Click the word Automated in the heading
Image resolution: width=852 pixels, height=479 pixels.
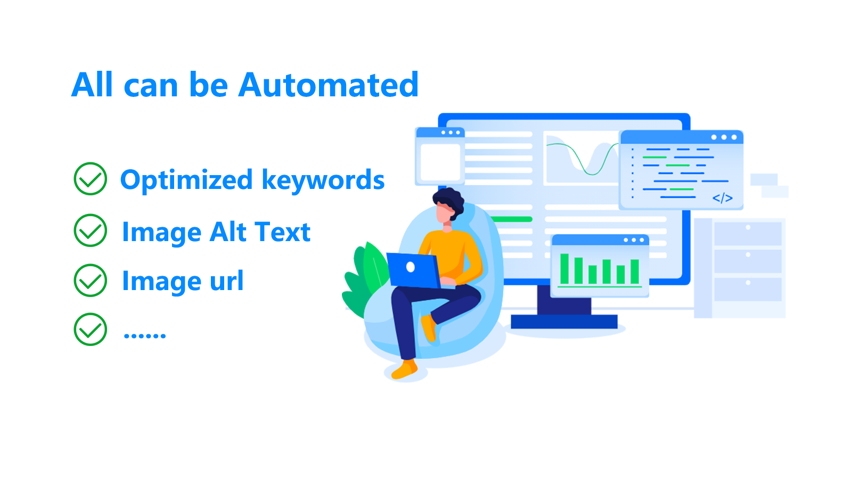(328, 85)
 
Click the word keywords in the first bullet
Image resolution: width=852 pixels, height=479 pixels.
(323, 179)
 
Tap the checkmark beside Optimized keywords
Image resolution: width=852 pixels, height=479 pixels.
(90, 179)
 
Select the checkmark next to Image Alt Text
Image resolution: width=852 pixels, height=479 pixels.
(90, 230)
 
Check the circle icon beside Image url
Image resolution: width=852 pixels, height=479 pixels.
(90, 280)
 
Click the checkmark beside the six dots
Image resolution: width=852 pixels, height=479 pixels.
(90, 329)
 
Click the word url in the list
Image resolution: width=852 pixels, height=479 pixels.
(227, 280)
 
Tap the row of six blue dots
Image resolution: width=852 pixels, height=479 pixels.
(145, 336)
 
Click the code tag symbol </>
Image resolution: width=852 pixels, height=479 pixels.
(722, 198)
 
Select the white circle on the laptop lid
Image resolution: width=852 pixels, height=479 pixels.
(411, 267)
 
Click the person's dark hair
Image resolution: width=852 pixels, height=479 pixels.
(449, 201)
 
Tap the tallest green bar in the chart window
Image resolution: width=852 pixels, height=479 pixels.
(564, 269)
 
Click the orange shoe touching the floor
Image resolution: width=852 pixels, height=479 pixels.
(405, 369)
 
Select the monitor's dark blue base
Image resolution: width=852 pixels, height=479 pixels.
(564, 321)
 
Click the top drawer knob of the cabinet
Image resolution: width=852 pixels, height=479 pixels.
(748, 227)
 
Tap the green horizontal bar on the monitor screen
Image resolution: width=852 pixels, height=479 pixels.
(512, 219)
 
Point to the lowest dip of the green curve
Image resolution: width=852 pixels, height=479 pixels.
(591, 174)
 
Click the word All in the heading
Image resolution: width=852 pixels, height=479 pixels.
(92, 85)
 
